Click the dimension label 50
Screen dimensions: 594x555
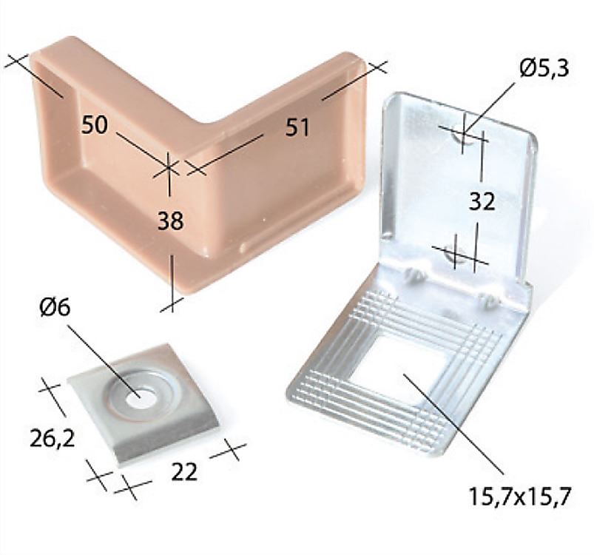click(x=95, y=124)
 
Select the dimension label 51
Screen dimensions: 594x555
click(x=297, y=127)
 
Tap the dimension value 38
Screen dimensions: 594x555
click(x=170, y=221)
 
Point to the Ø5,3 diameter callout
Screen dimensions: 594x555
click(x=544, y=69)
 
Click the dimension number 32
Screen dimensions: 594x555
click(x=482, y=201)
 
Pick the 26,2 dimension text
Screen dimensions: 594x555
click(x=52, y=437)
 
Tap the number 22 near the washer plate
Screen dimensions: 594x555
click(x=184, y=471)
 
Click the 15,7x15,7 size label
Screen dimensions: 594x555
click(x=519, y=496)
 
